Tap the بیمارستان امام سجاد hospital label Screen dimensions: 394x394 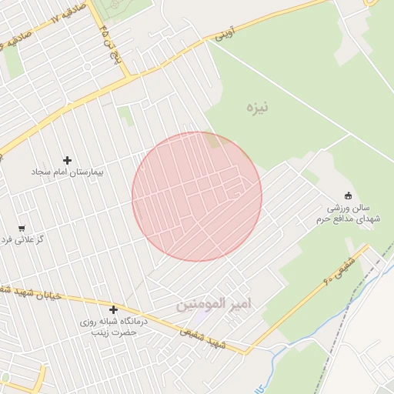click(68, 172)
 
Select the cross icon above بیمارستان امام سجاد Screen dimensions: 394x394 click(68, 160)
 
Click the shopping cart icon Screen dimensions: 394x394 click(22, 229)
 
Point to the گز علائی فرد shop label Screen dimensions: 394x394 click(20, 240)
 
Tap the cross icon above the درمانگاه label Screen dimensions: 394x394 click(113, 309)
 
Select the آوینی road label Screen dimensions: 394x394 click(223, 35)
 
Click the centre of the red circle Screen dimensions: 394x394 click(197, 196)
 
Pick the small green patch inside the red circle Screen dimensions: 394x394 click(211, 140)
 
